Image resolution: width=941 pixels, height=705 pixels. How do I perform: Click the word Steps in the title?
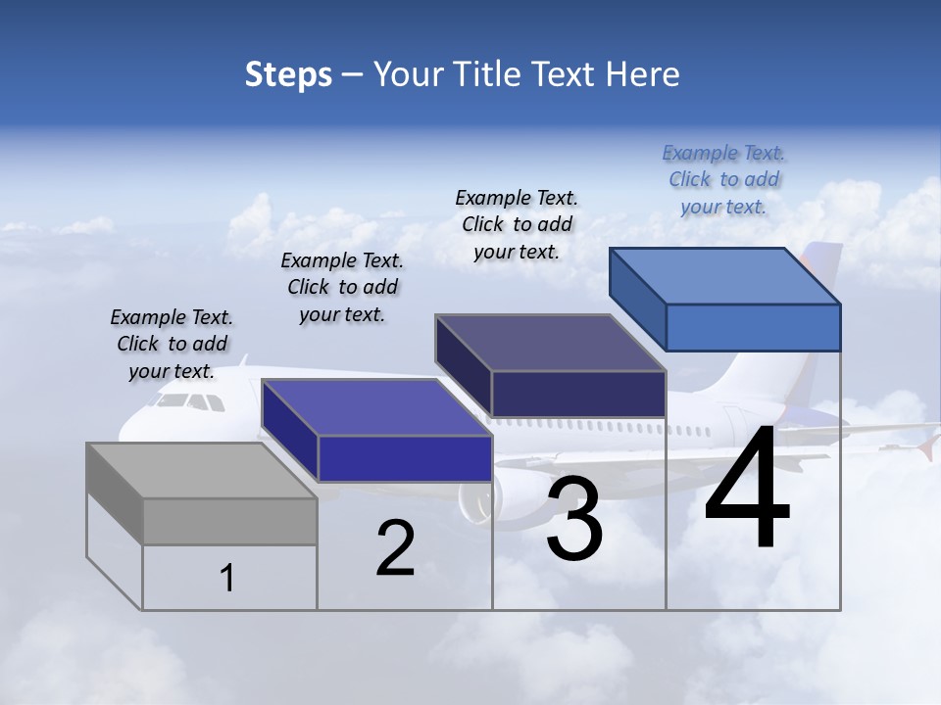click(x=288, y=74)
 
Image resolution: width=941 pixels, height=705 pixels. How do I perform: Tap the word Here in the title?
click(x=643, y=74)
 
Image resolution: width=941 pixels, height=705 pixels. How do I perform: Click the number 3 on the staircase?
click(x=574, y=519)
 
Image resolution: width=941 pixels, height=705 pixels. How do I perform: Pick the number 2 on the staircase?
click(x=395, y=549)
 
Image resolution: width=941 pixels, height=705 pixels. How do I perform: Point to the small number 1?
click(x=227, y=579)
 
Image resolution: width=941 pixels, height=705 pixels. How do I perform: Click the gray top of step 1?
click(x=201, y=471)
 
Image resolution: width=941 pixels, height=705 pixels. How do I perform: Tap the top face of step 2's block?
click(x=375, y=407)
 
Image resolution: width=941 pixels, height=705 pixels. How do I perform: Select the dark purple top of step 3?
click(x=550, y=343)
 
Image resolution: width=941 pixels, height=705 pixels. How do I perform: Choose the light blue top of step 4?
click(x=724, y=276)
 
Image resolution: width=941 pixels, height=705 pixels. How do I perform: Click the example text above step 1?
click(x=172, y=344)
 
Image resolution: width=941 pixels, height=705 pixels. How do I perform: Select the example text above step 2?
click(x=342, y=287)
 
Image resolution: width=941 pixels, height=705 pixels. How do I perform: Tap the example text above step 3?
click(x=517, y=224)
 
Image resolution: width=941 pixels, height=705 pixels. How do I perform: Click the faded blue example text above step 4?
click(x=723, y=179)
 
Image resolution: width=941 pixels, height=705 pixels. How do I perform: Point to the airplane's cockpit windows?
click(x=190, y=401)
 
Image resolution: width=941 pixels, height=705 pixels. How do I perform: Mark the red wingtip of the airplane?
click(x=926, y=449)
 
